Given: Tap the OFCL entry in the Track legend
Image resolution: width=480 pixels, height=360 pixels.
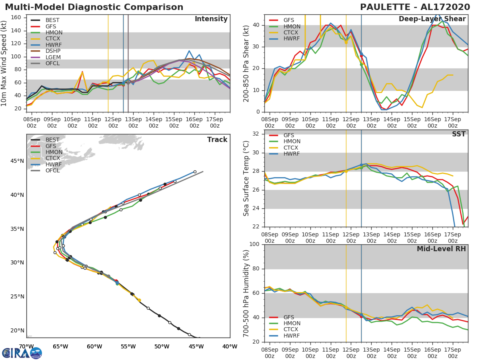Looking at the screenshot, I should [52, 170].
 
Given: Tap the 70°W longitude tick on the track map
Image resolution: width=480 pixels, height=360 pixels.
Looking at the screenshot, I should [26, 346].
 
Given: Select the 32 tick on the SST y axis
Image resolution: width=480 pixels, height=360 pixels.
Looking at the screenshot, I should [256, 134].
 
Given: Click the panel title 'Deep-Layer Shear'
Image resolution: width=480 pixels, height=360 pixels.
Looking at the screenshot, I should [432, 19].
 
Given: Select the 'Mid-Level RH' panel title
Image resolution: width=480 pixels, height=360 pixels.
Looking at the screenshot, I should [441, 249].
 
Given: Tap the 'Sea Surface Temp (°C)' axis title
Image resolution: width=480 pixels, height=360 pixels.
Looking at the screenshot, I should [247, 178].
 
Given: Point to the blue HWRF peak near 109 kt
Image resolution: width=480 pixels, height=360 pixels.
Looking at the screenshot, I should [189, 51].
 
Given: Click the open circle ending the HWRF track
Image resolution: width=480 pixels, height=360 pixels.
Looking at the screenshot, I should [195, 172].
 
